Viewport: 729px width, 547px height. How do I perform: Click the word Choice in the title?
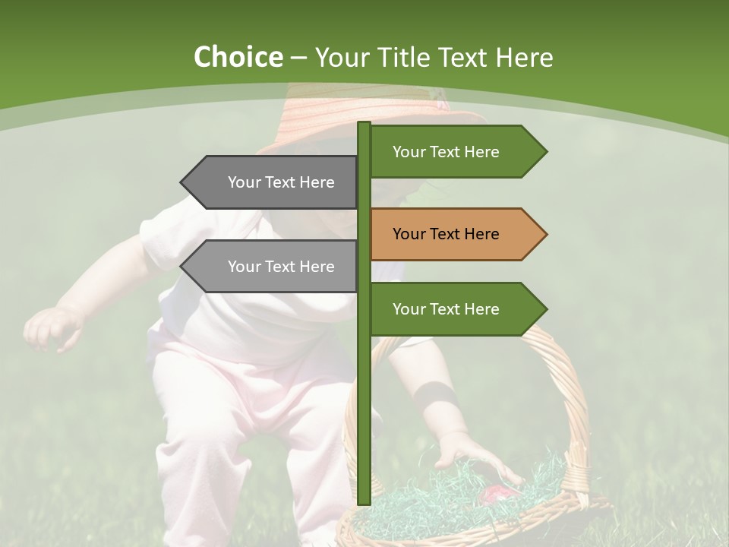(238, 57)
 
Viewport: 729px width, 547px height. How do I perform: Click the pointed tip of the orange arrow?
(545, 234)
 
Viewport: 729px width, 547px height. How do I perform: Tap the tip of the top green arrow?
(545, 151)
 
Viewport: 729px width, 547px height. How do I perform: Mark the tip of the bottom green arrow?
(545, 308)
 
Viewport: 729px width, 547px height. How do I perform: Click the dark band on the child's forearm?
(435, 395)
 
